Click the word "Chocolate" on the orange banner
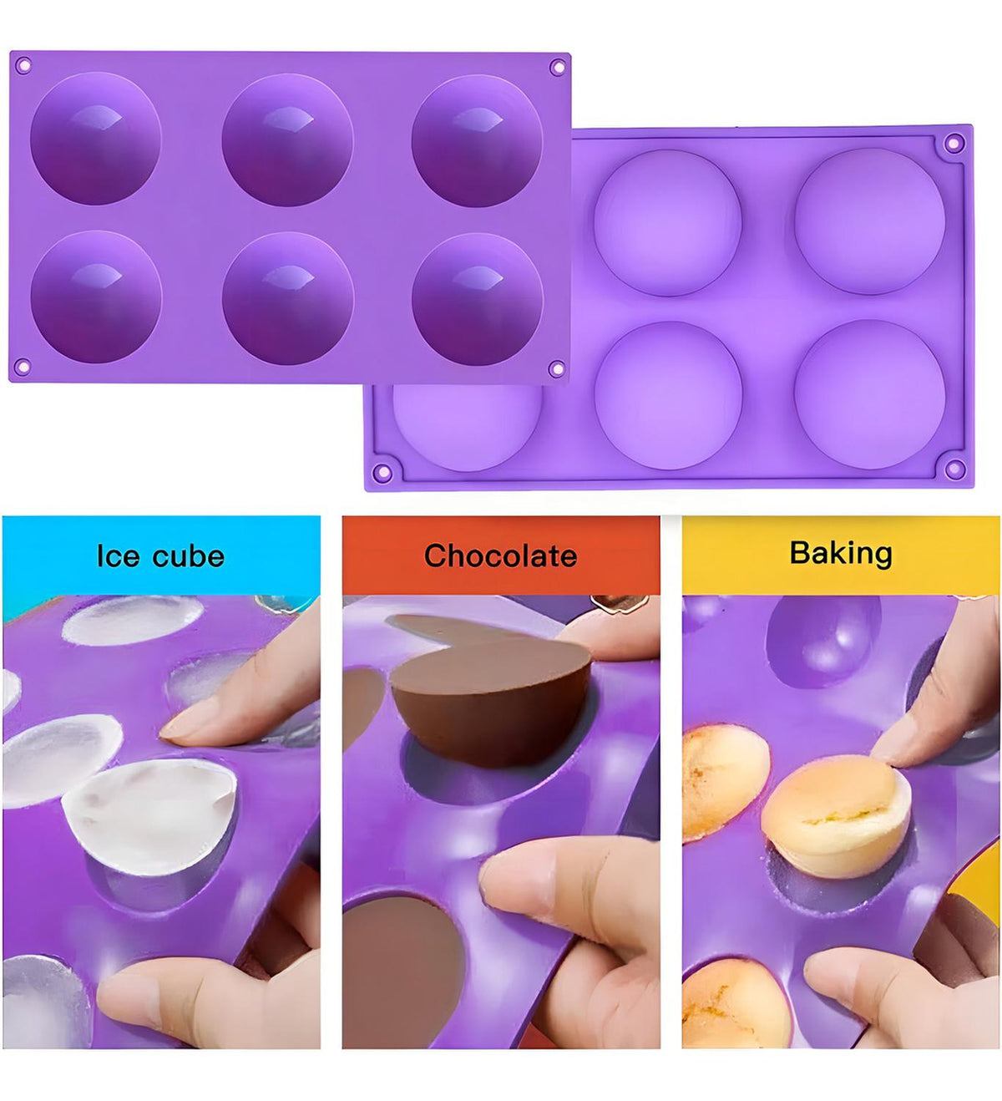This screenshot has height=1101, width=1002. (500, 556)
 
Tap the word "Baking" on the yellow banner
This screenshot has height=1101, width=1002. (841, 553)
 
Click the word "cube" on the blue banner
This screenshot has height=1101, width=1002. (188, 556)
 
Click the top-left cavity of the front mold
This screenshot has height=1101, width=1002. (95, 138)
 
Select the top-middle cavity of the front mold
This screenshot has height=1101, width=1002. (287, 140)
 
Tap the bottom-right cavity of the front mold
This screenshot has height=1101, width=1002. (478, 300)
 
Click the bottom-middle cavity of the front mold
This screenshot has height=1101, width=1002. (288, 298)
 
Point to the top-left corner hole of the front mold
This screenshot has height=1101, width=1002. (23, 66)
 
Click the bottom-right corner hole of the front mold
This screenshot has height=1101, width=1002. (556, 368)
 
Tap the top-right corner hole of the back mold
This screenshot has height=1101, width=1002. (954, 143)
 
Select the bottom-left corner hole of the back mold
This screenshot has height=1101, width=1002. (383, 471)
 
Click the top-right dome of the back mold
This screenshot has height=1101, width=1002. (870, 221)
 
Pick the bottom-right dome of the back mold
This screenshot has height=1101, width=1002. (870, 394)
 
